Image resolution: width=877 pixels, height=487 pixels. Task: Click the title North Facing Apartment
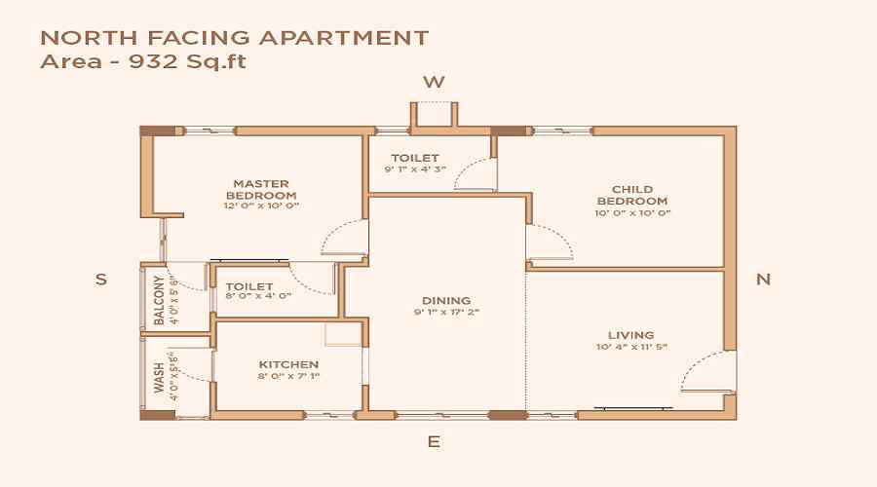[x=234, y=39]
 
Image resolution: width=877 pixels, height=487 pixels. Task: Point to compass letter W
[x=434, y=82]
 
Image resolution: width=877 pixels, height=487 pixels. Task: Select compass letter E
[x=434, y=441]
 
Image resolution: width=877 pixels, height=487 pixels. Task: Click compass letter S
[x=100, y=279]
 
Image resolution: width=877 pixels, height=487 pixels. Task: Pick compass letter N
[x=764, y=279]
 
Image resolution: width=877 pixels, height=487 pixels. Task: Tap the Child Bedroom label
[x=632, y=195]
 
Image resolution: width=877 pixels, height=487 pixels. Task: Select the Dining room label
[x=446, y=301]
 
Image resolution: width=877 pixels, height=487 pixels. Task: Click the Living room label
[x=631, y=335]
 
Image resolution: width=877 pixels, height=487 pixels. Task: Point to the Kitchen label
[x=289, y=364]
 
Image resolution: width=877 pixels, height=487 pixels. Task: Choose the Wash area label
[x=160, y=378]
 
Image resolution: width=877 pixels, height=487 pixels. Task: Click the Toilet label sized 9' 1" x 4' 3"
[x=415, y=158]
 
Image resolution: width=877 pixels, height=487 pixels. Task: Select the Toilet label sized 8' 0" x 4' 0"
[x=248, y=287]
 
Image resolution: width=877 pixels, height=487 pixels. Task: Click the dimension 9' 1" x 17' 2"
[x=446, y=313]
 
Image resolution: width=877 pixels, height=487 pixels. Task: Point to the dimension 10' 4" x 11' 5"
[x=631, y=347]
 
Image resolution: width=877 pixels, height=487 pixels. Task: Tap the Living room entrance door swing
[x=703, y=371]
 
